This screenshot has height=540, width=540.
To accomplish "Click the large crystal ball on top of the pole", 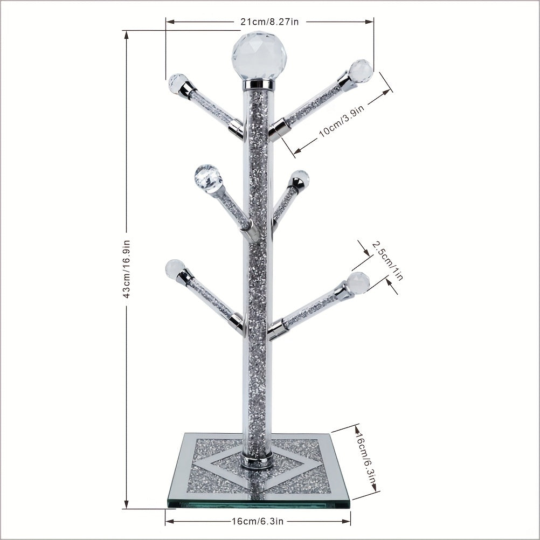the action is [x=259, y=56].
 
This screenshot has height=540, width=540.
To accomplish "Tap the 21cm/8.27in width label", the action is [x=269, y=22].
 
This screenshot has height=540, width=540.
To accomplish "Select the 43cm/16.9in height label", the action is [x=127, y=268].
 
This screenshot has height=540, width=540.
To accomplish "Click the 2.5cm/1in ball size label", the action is [x=387, y=260].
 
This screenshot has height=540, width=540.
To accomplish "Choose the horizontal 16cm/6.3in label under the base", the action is [x=257, y=521].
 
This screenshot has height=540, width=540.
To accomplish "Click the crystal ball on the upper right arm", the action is [x=361, y=71].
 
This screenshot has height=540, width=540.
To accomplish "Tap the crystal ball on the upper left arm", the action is [x=178, y=83].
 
